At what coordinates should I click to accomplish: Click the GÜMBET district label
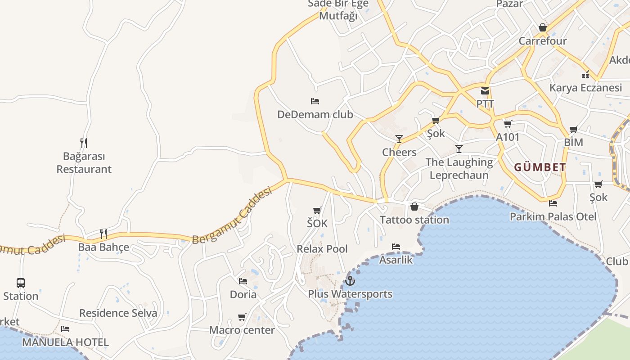pos(540,167)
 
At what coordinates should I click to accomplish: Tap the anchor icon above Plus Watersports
pos(350,281)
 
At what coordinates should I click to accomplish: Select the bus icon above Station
pos(21,283)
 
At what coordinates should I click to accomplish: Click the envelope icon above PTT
pos(485,91)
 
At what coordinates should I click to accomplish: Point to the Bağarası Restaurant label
pos(84,163)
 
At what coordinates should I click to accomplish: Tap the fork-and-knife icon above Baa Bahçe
pos(103,234)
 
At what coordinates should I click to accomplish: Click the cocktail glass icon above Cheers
pos(399,139)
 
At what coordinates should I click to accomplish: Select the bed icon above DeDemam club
pos(315,101)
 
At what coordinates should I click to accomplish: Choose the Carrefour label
pos(543,41)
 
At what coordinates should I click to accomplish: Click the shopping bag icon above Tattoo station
pos(414,207)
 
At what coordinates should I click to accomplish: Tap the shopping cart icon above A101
pos(508,124)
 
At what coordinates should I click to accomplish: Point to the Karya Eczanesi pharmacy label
pos(585,88)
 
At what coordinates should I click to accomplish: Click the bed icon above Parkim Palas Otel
pos(553,203)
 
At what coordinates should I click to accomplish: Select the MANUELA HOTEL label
pos(65,342)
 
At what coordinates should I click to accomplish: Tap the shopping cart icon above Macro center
pos(242,317)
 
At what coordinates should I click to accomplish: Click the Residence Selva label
pos(118,313)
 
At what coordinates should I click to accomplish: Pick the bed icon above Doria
pos(243,281)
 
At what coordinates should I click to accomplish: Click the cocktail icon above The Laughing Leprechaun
pos(459,149)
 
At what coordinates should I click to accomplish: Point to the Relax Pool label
pos(322,249)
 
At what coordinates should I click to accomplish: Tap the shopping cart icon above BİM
pos(573,130)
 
